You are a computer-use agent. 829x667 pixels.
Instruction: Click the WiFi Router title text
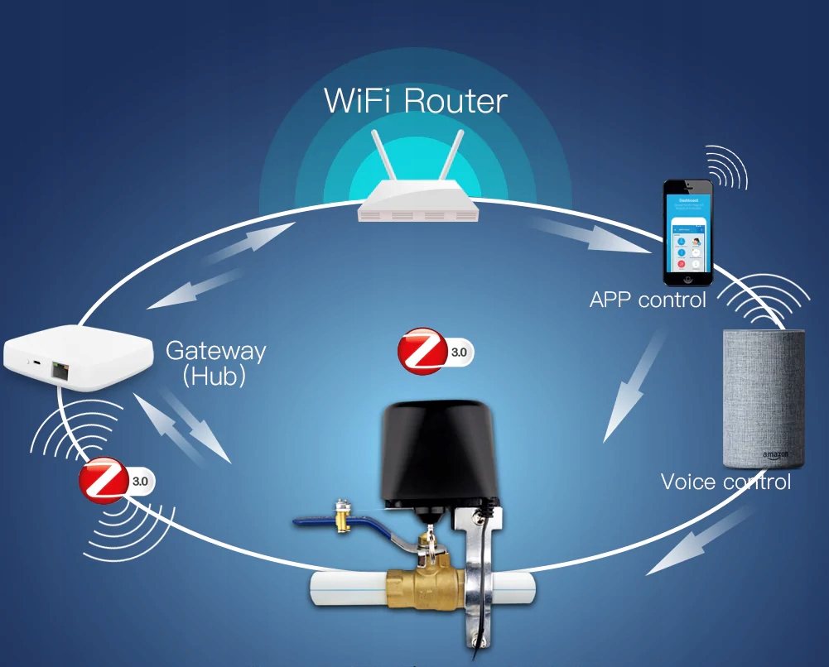point(415,101)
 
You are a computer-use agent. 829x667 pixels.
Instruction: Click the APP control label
point(648,299)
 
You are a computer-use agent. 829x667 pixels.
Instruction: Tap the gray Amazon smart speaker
point(763,398)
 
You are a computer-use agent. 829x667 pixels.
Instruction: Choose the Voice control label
point(725,482)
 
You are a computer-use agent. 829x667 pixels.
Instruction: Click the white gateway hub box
point(79,357)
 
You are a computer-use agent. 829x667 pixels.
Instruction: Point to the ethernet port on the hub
point(60,369)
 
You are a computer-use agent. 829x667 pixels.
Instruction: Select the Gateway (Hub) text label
point(215,362)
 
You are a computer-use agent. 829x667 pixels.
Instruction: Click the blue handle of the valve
point(348,523)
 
